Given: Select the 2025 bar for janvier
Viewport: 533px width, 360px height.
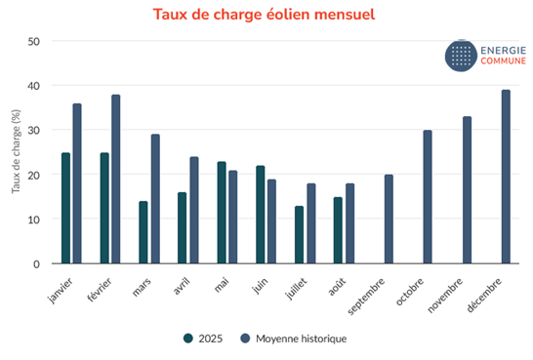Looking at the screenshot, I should [x=65, y=208].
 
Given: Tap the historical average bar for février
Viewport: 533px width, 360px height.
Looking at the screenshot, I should [x=116, y=180].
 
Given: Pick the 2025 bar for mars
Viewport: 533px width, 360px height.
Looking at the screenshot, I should [x=143, y=232].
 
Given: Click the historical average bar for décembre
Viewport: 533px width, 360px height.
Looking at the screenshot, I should [x=506, y=177].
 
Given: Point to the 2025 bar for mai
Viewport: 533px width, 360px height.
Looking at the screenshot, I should [x=222, y=213].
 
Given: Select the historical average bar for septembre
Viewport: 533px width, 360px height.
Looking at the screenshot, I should [x=389, y=220].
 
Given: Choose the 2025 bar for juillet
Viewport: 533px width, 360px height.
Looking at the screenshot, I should [x=300, y=235].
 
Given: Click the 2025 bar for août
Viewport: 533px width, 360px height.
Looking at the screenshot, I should [x=339, y=230].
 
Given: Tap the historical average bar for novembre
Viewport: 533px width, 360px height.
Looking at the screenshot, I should [x=467, y=190].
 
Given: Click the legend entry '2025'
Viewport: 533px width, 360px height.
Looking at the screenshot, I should [x=202, y=339].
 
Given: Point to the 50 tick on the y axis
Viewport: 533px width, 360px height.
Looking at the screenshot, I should [x=34, y=42].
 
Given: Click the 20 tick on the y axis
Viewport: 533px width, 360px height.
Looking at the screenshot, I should [x=34, y=176].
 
